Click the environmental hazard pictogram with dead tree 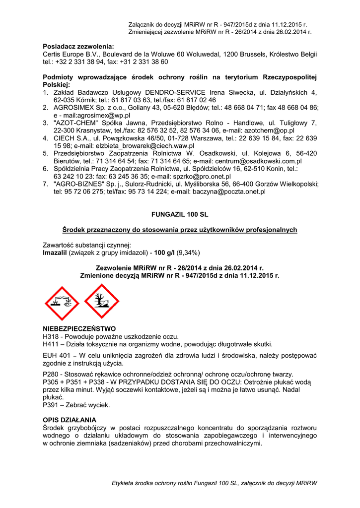(x=101, y=302)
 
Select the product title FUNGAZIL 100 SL (x=180, y=214)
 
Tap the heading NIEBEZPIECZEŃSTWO (x=79, y=328)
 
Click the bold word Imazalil (x=56, y=253)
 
